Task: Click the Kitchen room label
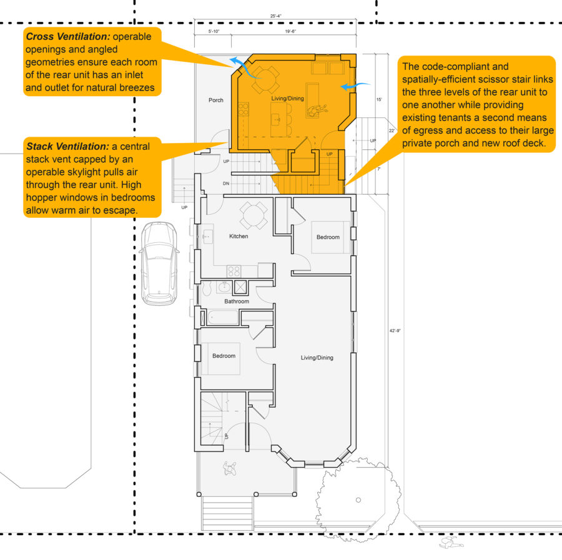(x=239, y=237)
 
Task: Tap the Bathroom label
(x=237, y=302)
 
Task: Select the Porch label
(x=216, y=100)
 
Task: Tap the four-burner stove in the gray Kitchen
(x=234, y=271)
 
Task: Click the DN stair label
(x=227, y=184)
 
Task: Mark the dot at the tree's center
(x=358, y=499)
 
